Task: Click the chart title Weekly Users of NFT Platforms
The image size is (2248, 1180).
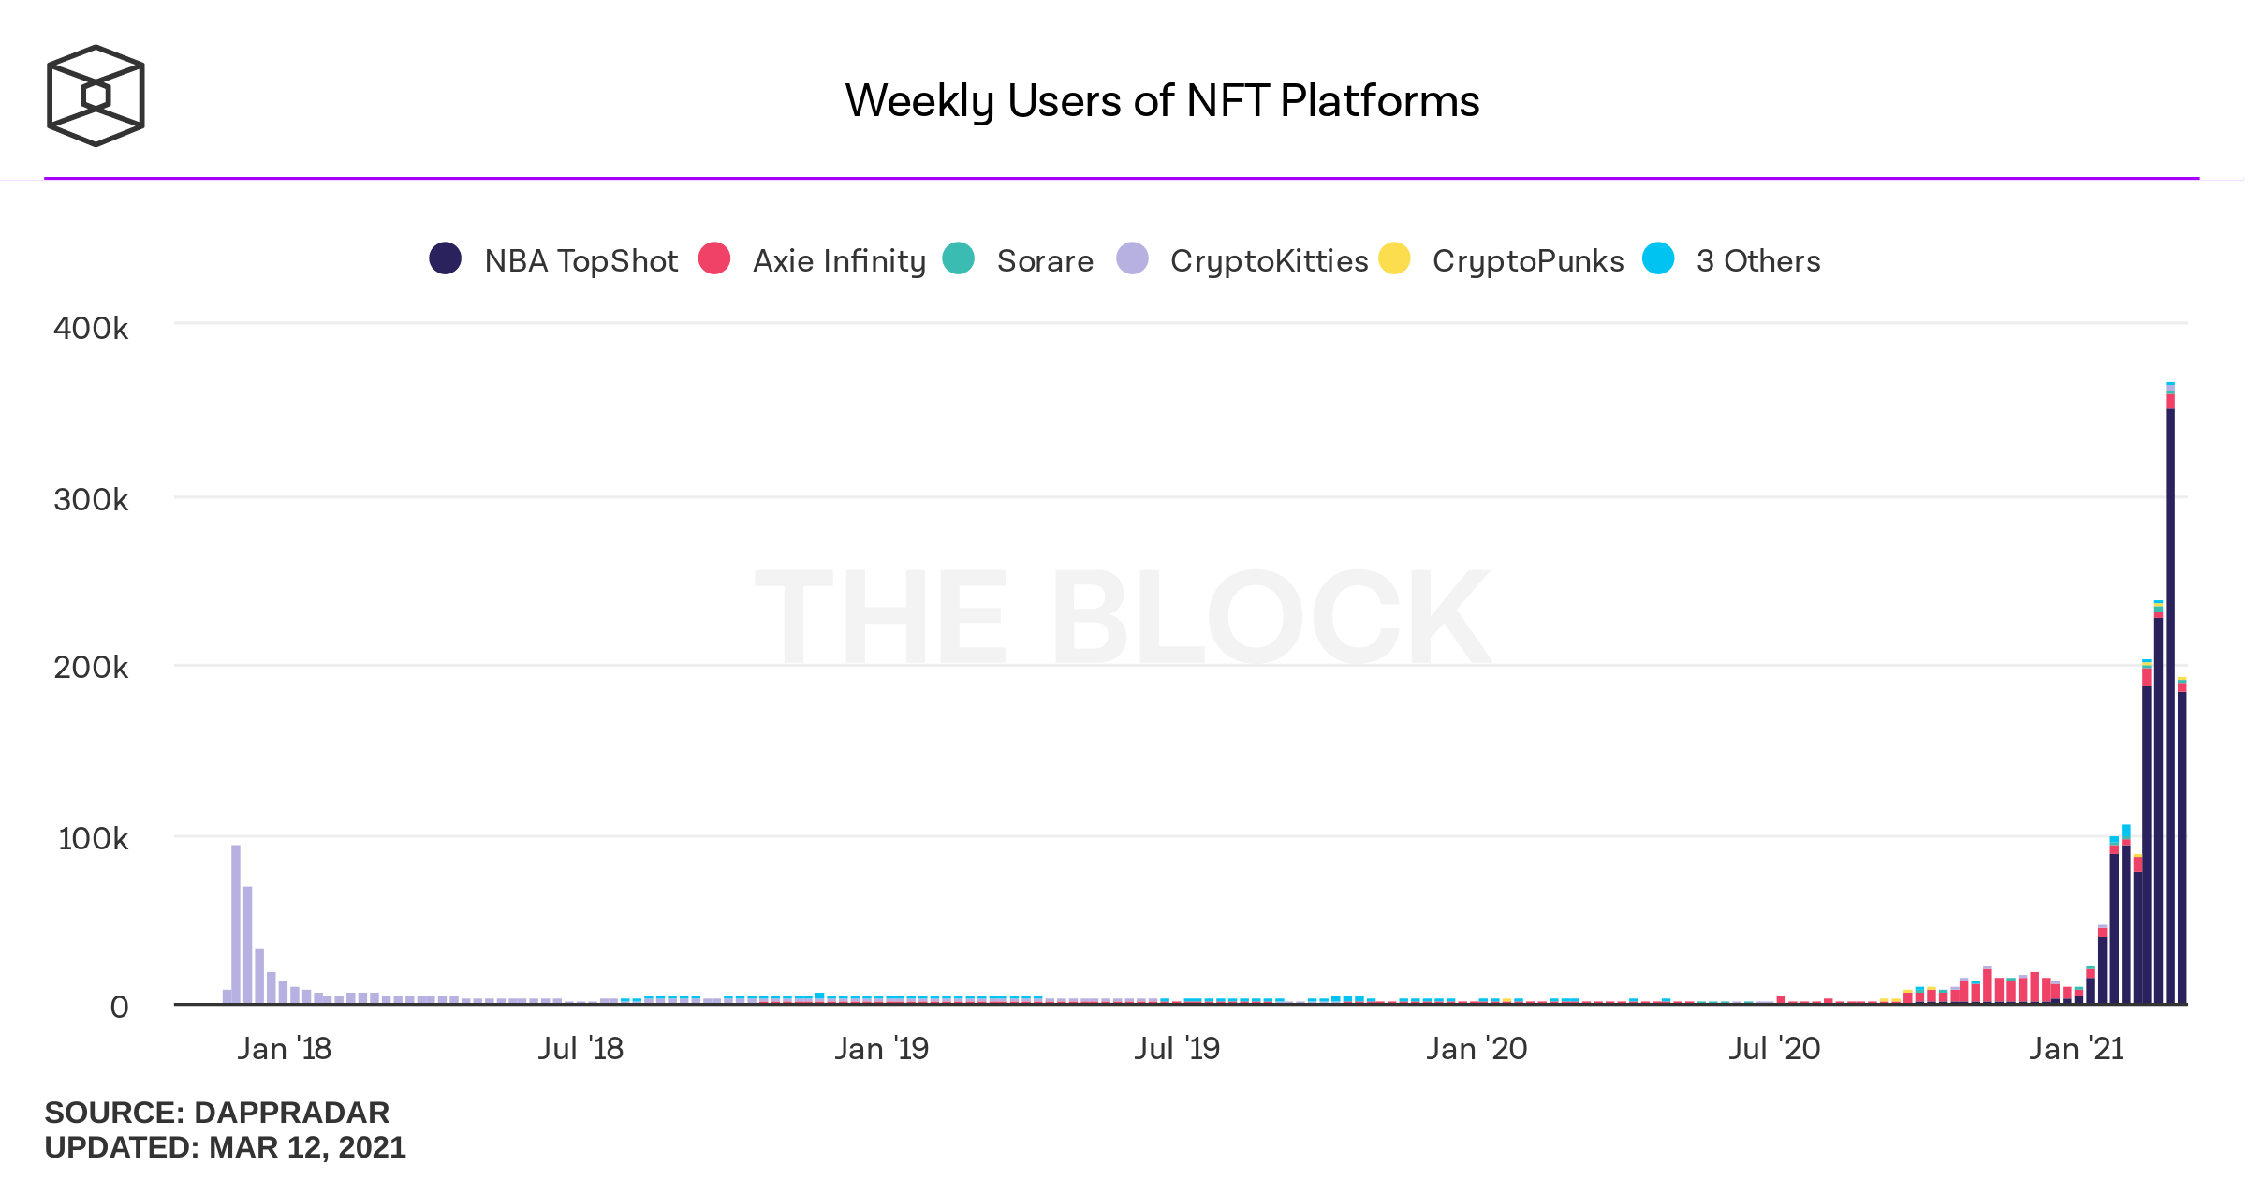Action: (1161, 101)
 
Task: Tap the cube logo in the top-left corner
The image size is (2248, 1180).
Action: (96, 96)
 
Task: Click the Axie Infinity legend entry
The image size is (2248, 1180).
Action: (812, 259)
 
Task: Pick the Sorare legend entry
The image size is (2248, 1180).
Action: (1018, 259)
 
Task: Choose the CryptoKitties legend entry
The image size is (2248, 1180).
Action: (1242, 259)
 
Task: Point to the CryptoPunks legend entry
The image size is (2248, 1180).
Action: (1502, 259)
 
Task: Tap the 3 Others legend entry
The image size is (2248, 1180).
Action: (1732, 259)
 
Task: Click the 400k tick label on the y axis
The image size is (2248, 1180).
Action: (91, 329)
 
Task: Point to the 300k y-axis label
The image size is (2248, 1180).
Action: (91, 500)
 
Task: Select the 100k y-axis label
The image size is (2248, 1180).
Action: (93, 839)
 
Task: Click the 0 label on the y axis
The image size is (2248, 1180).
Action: (119, 1008)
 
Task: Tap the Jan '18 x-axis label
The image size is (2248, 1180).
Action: (284, 1049)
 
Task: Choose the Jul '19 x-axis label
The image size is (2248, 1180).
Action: (1177, 1049)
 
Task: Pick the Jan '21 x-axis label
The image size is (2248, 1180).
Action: (2076, 1049)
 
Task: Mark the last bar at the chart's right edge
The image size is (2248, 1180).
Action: (2182, 843)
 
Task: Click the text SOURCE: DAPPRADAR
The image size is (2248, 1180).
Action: (216, 1113)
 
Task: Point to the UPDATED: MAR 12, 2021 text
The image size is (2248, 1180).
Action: (225, 1147)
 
